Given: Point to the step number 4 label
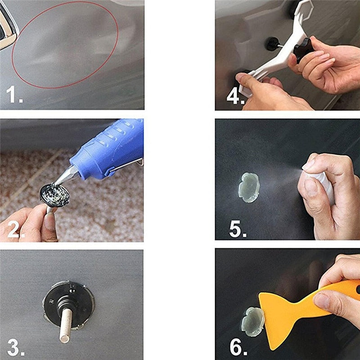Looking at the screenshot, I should click(234, 96).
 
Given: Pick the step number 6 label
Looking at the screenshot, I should click(237, 347).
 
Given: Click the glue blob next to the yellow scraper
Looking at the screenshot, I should click(252, 321).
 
